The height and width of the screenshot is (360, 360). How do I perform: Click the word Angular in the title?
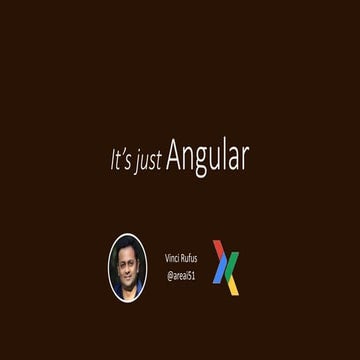tap(208, 157)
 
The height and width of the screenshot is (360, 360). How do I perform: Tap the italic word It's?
tap(121, 160)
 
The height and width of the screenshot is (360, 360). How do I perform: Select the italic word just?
tap(149, 161)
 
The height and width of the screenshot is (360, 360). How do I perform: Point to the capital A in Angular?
tap(175, 156)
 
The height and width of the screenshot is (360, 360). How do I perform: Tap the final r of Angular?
tap(245, 159)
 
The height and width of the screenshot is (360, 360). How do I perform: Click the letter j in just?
tap(139, 162)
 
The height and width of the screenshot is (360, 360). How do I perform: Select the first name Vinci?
tap(171, 258)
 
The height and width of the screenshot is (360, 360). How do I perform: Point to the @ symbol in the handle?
tap(168, 272)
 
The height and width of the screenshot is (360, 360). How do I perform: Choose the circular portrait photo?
tap(127, 266)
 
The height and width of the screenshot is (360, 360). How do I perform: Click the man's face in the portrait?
tap(128, 264)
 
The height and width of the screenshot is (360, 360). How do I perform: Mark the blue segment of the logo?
tap(221, 275)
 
